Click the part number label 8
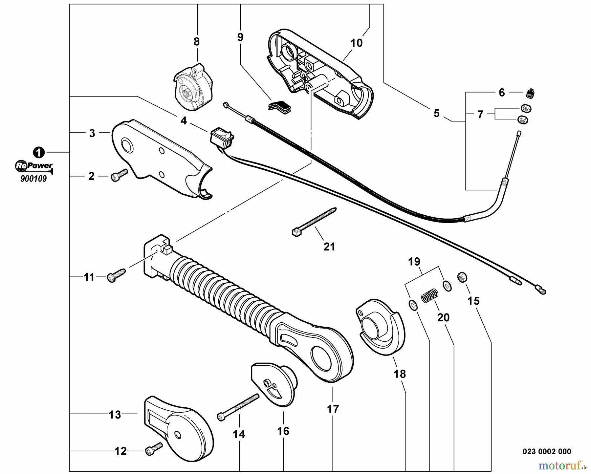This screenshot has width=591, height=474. [x=196, y=42]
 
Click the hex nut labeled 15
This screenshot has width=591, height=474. [x=462, y=278]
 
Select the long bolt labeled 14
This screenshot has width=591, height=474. [x=237, y=407]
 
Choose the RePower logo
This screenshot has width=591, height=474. [x=34, y=166]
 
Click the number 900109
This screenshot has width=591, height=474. [x=33, y=179]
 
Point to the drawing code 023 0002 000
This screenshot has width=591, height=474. [x=547, y=452]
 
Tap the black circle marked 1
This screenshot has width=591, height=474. [x=39, y=152]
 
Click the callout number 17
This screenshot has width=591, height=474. [x=333, y=409]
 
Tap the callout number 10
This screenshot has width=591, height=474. [x=356, y=43]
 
